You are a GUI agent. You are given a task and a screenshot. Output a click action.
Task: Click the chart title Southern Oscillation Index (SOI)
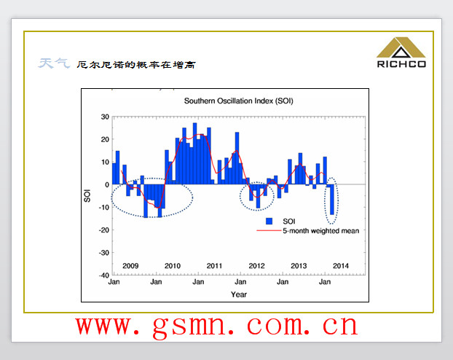tap(239, 101)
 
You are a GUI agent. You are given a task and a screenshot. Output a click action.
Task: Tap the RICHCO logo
tap(401, 52)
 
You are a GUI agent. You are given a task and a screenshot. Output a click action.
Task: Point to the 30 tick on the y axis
tap(105, 117)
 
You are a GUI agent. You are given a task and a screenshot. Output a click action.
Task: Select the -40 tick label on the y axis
tap(103, 275)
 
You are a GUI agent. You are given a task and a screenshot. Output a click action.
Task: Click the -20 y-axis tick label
tap(103, 230)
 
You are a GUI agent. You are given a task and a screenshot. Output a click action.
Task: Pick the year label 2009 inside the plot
tap(130, 266)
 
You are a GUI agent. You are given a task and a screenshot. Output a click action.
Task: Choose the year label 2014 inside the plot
tap(341, 266)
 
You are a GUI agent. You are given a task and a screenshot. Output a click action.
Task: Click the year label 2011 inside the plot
tap(214, 266)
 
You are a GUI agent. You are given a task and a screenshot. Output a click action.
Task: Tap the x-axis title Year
tap(239, 294)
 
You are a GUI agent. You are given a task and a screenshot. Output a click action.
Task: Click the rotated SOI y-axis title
tap(87, 195)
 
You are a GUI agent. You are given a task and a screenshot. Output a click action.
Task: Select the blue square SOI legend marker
tap(269, 222)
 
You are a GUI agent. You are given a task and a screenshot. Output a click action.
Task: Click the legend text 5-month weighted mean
tap(320, 231)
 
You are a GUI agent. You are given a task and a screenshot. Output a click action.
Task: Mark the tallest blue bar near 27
tap(194, 154)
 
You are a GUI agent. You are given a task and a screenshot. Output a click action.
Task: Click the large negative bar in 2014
tap(332, 200)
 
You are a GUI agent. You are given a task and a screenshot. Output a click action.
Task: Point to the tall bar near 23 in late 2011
tap(237, 158)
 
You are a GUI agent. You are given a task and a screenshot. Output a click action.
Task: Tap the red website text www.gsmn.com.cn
tap(217, 326)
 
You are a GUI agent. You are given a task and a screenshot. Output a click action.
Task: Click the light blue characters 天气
tap(54, 63)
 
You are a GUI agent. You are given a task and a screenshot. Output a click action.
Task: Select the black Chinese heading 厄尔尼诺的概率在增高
tap(136, 65)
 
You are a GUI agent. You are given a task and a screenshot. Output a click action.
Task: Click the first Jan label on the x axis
tap(114, 281)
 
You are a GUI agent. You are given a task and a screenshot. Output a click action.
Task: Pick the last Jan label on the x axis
tap(325, 281)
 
